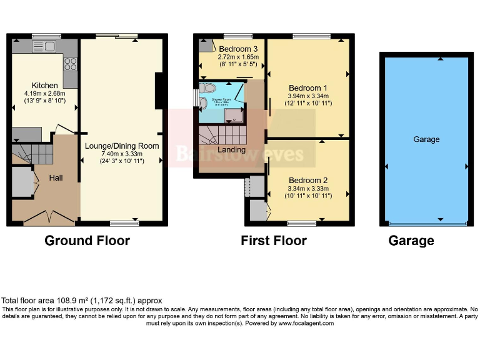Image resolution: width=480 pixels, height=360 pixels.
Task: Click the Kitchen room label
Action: pyautogui.click(x=45, y=86)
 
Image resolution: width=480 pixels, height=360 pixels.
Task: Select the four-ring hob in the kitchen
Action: pyautogui.click(x=71, y=63)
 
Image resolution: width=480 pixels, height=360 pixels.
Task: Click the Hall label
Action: pyautogui.click(x=56, y=178)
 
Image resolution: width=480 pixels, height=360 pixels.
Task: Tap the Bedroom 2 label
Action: pyautogui.click(x=308, y=180)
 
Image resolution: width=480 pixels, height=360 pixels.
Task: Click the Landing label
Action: pyautogui.click(x=231, y=150)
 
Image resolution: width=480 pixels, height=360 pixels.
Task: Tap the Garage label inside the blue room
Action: pyautogui.click(x=426, y=139)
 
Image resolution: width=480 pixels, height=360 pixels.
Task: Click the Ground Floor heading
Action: pyautogui.click(x=87, y=241)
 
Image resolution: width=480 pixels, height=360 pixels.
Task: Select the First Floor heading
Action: pyautogui.click(x=274, y=241)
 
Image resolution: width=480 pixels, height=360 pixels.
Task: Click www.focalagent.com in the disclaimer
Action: pyautogui.click(x=306, y=323)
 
